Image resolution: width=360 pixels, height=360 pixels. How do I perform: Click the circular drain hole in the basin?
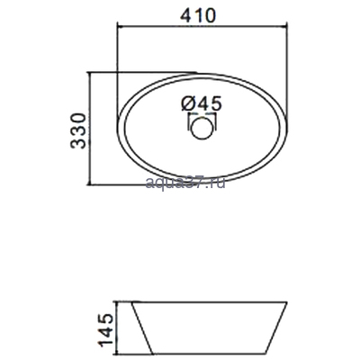point(202,129)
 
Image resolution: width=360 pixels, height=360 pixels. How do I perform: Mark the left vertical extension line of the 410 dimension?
point(118,54)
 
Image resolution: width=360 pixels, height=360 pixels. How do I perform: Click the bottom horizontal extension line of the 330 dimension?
point(135,185)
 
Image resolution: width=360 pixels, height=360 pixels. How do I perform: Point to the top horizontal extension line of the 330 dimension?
point(135,71)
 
